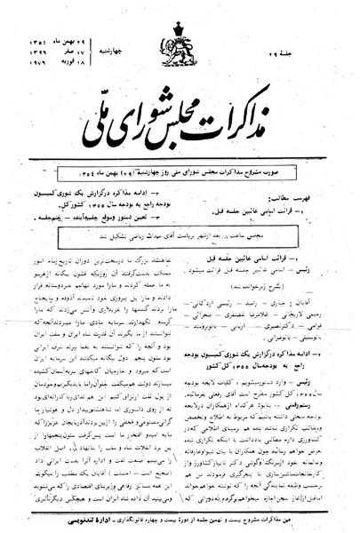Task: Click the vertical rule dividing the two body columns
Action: pos(180,373)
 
